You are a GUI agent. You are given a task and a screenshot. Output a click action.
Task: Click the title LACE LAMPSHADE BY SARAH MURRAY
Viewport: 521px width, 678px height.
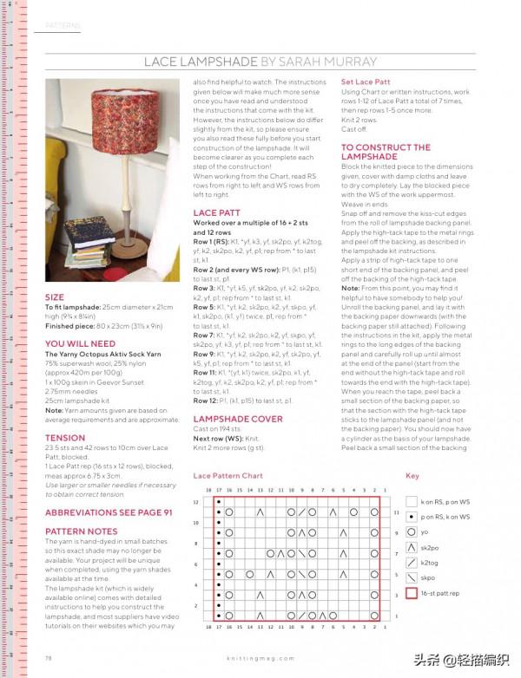click(260, 62)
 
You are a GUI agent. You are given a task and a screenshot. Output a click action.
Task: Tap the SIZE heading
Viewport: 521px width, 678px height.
click(54, 297)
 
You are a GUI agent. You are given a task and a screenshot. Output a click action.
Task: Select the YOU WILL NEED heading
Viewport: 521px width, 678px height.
click(80, 344)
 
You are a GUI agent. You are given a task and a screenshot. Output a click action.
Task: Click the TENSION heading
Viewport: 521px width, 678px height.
click(65, 438)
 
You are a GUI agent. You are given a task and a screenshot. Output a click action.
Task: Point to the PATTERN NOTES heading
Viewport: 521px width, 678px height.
click(82, 531)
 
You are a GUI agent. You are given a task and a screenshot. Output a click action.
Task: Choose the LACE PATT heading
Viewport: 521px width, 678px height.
click(217, 212)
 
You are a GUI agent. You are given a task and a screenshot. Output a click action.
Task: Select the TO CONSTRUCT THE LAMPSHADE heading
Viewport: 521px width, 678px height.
click(386, 153)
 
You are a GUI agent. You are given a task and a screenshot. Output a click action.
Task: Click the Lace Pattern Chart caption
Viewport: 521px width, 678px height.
click(228, 476)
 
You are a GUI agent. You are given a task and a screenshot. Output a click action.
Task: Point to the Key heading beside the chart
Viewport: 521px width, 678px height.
click(412, 476)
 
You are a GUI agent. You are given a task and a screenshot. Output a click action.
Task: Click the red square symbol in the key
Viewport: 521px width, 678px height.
click(412, 594)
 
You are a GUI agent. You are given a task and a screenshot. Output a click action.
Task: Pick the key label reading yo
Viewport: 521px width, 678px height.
click(426, 531)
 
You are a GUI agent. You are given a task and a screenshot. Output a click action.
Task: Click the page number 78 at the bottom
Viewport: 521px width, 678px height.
click(49, 657)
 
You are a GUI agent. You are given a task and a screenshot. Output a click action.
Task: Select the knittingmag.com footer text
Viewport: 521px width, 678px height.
click(260, 658)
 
